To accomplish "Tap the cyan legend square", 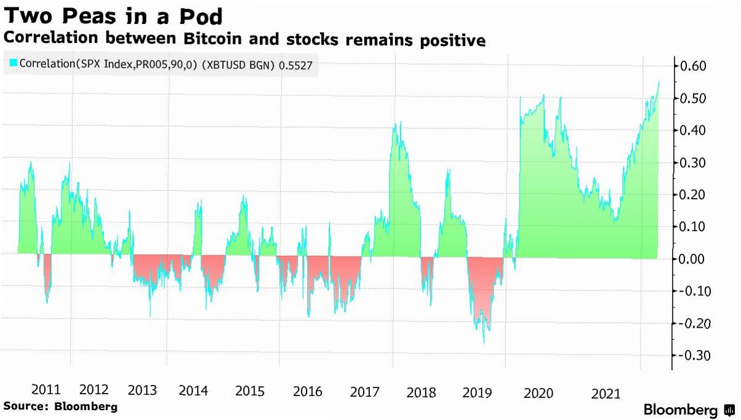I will [x=13, y=63].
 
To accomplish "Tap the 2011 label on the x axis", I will [x=46, y=390].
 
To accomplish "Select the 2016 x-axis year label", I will [x=308, y=391].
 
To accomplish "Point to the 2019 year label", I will [x=477, y=392].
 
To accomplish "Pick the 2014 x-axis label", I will [x=193, y=390].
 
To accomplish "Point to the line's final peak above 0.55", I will [x=659, y=82].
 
